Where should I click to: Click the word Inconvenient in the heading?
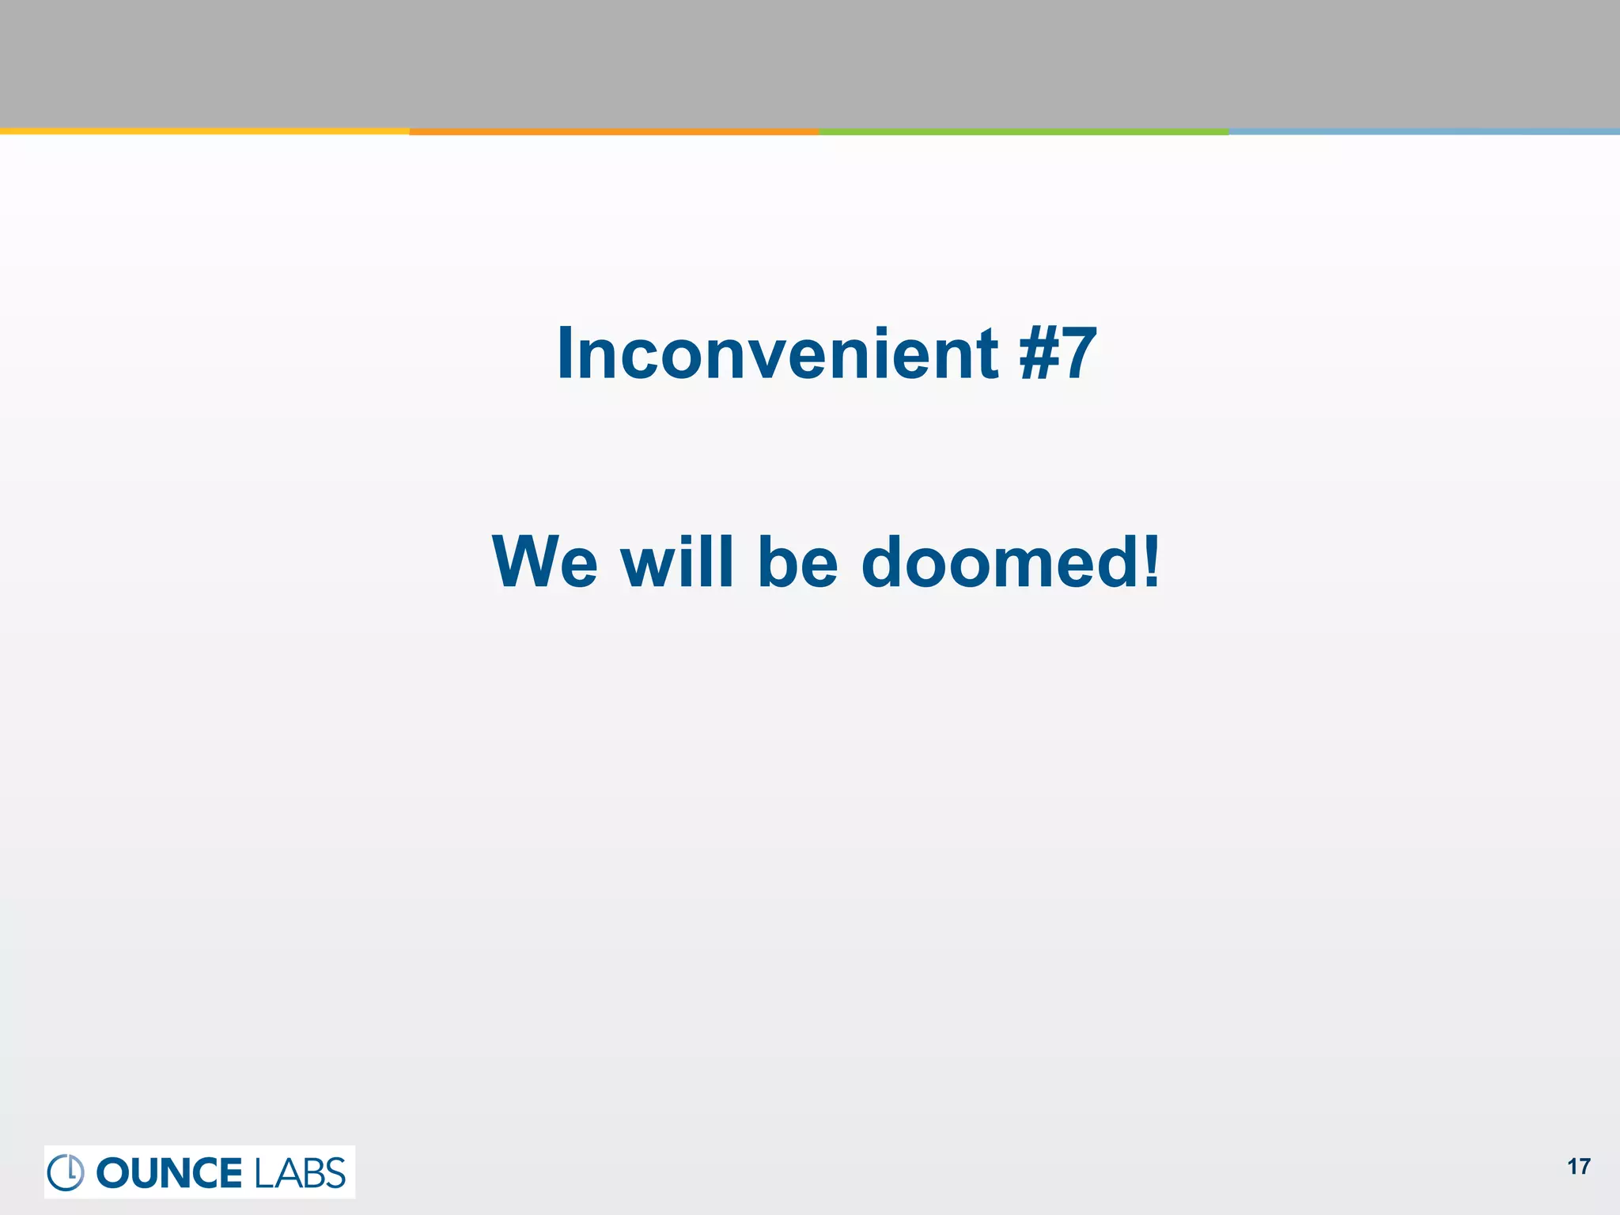pyautogui.click(x=778, y=354)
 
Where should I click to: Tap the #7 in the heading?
pyautogui.click(x=1058, y=354)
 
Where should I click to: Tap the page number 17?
pyautogui.click(x=1579, y=1167)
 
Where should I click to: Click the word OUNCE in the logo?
pyautogui.click(x=168, y=1173)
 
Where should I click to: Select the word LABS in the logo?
pyautogui.click(x=300, y=1173)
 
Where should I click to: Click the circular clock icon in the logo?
pyautogui.click(x=66, y=1172)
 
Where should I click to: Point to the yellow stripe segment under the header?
pyautogui.click(x=204, y=131)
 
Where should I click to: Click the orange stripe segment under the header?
pyautogui.click(x=614, y=132)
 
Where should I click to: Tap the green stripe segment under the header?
pyautogui.click(x=1024, y=132)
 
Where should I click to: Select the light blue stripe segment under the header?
pyautogui.click(x=1424, y=132)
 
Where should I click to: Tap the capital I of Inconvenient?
pyautogui.click(x=564, y=354)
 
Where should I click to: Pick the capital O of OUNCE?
pyautogui.click(x=112, y=1173)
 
